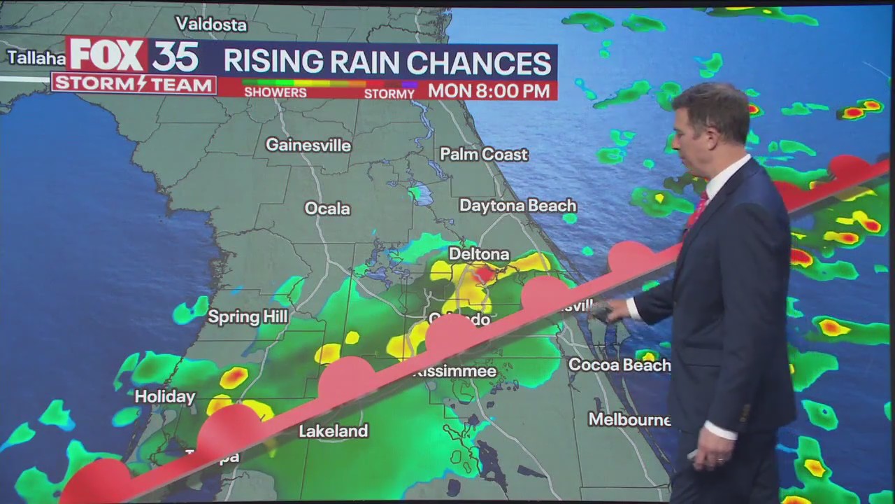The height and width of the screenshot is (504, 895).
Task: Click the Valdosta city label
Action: click(x=211, y=24)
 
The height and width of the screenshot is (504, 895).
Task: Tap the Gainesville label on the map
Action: click(x=308, y=145)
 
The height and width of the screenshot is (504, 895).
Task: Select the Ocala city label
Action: click(x=327, y=209)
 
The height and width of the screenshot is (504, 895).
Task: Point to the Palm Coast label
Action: click(x=484, y=154)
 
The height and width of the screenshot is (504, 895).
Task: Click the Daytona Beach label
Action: click(x=517, y=206)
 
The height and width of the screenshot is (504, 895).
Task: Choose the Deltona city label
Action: click(x=479, y=253)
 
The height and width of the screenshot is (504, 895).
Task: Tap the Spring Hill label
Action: click(x=248, y=317)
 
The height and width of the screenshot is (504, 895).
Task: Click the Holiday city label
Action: click(x=164, y=397)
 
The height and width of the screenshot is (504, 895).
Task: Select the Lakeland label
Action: click(x=333, y=431)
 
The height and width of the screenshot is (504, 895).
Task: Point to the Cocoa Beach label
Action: click(x=619, y=365)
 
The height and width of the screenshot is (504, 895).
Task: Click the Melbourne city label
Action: click(x=629, y=419)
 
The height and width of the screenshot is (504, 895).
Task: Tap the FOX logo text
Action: click(x=106, y=55)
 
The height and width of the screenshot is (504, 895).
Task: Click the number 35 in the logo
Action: click(x=176, y=56)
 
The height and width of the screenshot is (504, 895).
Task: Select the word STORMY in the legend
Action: click(x=389, y=93)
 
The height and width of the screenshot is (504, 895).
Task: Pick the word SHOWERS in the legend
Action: click(x=275, y=92)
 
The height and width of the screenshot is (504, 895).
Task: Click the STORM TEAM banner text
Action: click(x=134, y=85)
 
